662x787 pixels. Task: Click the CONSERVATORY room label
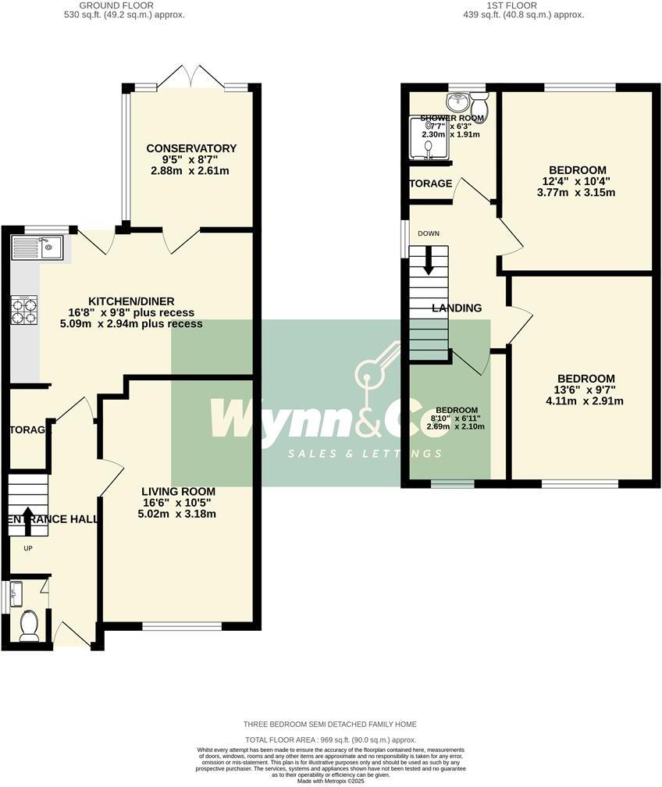pos(191,148)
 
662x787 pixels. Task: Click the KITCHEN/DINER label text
pos(131,301)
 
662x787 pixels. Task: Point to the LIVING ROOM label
pos(178,491)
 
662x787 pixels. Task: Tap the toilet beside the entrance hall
pos(29,625)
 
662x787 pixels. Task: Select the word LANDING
pos(457,308)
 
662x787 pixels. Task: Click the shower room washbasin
pos(456,102)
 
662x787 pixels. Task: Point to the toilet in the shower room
pos(479,103)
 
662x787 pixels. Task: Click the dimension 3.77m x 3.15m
pos(578,192)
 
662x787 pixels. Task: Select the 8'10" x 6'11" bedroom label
pos(457,418)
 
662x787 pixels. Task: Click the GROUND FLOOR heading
pos(125,5)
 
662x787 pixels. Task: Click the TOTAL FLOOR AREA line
pos(330,739)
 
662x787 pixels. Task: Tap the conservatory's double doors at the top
pos(191,77)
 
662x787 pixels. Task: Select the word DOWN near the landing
pos(428,233)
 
